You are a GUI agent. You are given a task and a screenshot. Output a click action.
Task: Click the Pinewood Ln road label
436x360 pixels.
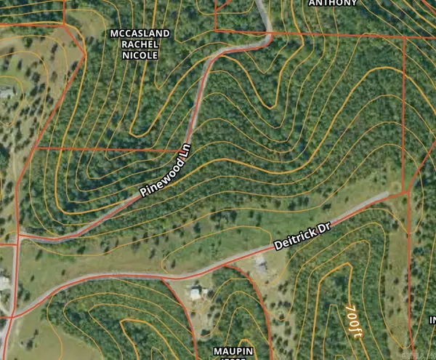pos(166,169)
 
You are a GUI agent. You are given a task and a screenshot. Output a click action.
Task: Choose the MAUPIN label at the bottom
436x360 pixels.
pos(233,351)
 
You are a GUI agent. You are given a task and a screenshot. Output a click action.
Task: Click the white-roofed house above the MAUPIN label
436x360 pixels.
pos(195,292)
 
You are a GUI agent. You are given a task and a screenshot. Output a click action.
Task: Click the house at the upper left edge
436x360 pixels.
pos(6,93)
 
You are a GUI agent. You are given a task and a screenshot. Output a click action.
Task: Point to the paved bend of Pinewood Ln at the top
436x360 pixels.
pos(266,36)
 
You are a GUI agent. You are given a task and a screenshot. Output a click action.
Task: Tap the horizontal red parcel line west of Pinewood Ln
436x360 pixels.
pos(109,148)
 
